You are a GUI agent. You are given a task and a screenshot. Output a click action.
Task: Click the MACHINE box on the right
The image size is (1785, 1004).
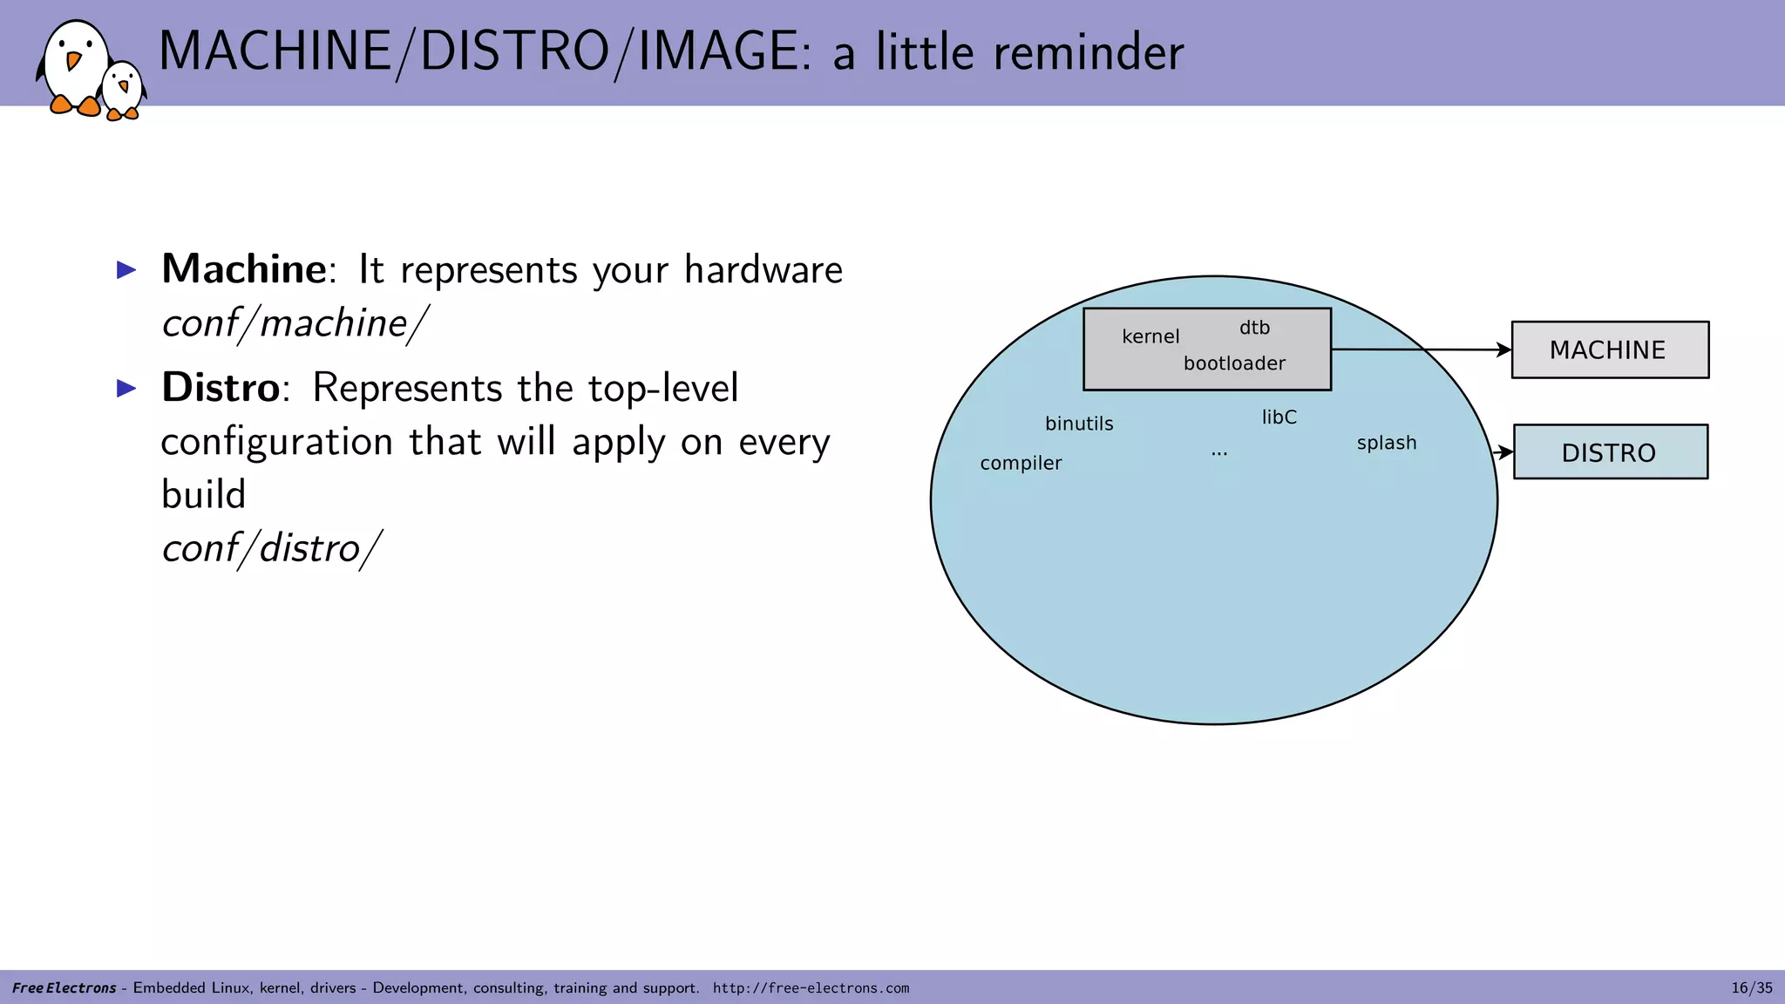(x=1610, y=349)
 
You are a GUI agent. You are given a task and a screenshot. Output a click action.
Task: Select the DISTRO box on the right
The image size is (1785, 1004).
(x=1610, y=452)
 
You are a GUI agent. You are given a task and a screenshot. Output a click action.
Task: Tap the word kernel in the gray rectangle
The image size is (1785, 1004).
(x=1150, y=336)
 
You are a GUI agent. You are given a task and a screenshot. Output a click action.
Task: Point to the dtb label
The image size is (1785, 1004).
(x=1254, y=328)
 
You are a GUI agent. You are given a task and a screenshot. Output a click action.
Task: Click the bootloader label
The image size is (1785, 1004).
(x=1234, y=363)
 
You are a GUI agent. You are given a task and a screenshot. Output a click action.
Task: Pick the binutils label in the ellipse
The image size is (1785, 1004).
(x=1079, y=424)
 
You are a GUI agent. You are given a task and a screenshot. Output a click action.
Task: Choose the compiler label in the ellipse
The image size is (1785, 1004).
(x=1021, y=463)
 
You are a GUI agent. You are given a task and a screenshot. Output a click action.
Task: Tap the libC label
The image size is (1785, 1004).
(x=1279, y=417)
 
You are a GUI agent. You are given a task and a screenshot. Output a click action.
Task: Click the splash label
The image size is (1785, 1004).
(x=1386, y=443)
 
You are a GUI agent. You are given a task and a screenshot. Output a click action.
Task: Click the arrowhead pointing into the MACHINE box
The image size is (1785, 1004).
(x=1503, y=349)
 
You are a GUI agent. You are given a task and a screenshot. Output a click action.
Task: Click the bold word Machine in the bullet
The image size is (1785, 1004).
(x=243, y=268)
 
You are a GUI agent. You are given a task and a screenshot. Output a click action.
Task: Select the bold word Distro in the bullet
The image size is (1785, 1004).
(x=221, y=387)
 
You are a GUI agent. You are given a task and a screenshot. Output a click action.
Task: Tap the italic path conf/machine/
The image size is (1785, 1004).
(x=295, y=323)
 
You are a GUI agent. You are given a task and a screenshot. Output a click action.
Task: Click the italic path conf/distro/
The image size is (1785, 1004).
(x=271, y=548)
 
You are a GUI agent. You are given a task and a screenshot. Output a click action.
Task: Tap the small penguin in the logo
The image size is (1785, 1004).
(x=123, y=91)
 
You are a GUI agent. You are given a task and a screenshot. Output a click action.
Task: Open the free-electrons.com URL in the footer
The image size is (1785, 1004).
(x=811, y=987)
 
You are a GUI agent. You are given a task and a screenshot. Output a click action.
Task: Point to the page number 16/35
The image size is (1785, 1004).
(x=1751, y=987)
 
